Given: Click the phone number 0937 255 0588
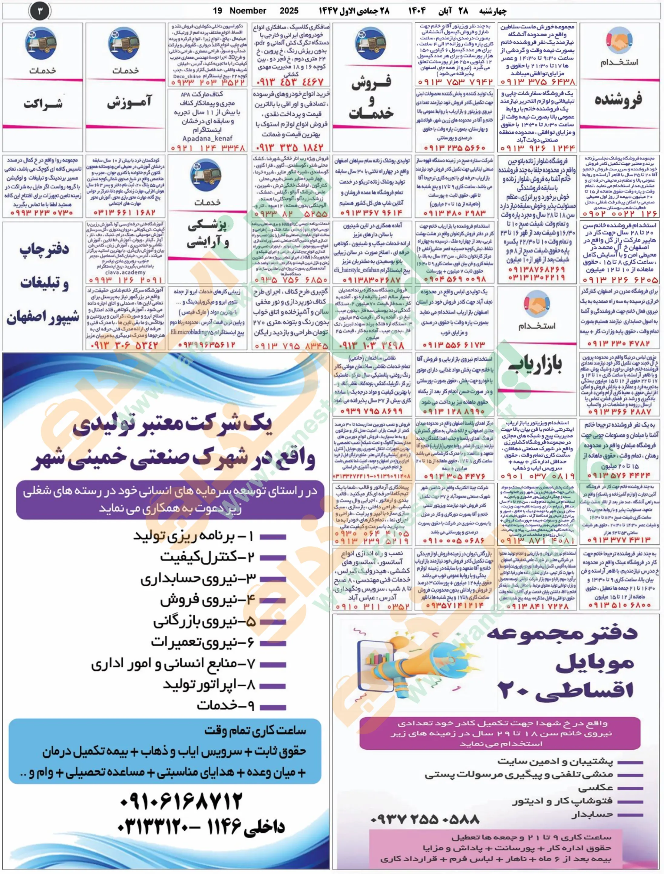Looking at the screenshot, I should pos(425,819).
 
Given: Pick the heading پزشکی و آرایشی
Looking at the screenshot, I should pos(207,234).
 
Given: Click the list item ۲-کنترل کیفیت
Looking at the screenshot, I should pos(207,557).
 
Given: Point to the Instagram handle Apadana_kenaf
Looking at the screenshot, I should pos(207,138).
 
